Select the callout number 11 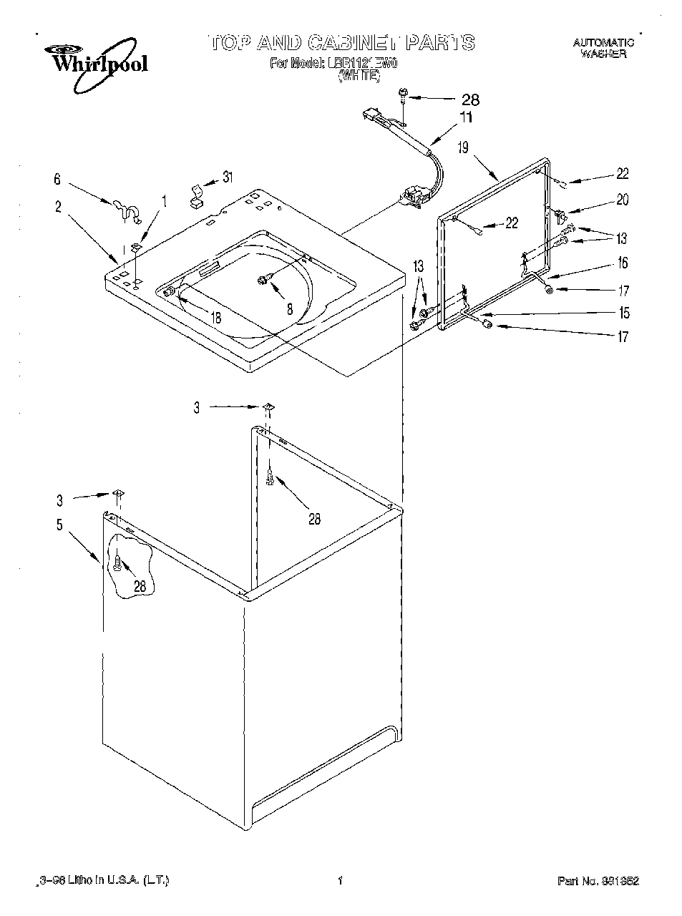(466, 117)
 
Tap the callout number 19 (463, 147)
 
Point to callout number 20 (622, 200)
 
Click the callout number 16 (623, 263)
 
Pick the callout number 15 (624, 313)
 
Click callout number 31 (228, 177)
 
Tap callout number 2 (58, 208)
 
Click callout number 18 (214, 318)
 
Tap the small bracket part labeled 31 (195, 195)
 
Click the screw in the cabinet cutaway (117, 564)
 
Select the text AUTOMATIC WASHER (603, 48)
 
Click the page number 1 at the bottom (340, 882)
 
